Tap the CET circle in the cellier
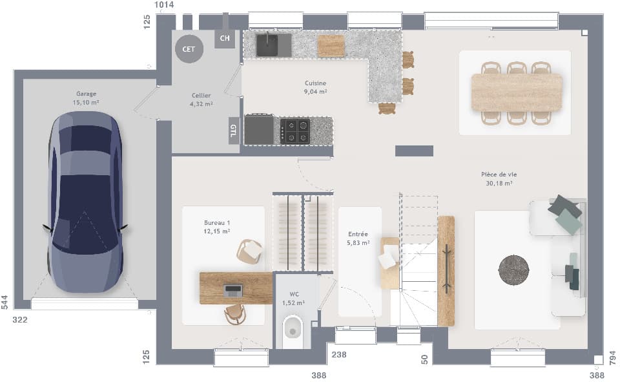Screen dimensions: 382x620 tap(189, 48)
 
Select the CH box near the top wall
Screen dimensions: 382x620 tap(225, 39)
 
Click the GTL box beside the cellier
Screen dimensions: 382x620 tap(233, 131)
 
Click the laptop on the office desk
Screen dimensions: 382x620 tap(232, 290)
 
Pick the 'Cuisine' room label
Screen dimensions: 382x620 tap(316, 83)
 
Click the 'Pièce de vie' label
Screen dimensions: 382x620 tap(499, 175)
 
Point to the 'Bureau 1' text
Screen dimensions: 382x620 tap(217, 223)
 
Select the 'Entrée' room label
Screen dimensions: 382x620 tap(358, 235)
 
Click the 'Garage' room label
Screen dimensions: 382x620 tap(86, 94)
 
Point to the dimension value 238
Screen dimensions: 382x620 tap(339, 354)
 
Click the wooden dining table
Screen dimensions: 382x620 tap(516, 92)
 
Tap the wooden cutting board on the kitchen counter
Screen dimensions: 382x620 tap(331, 46)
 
